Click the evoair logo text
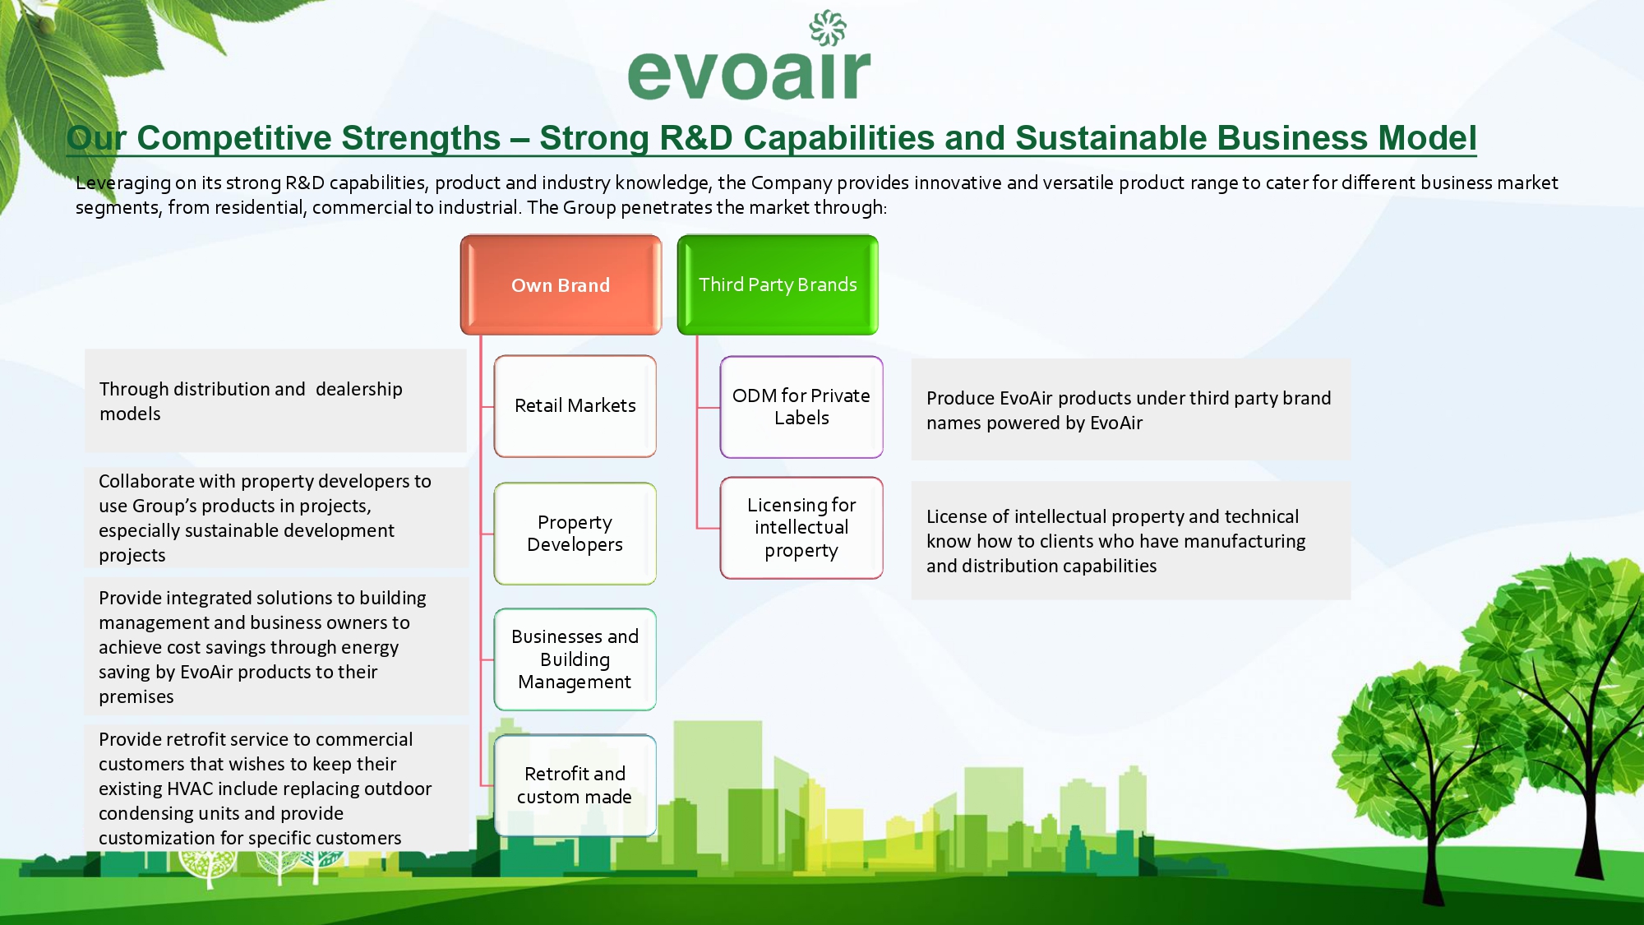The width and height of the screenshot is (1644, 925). (749, 74)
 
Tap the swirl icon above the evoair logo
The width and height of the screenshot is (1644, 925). (828, 27)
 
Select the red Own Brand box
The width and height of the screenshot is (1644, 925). (561, 284)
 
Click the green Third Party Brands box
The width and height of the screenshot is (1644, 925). (778, 284)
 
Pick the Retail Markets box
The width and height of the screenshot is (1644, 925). (575, 406)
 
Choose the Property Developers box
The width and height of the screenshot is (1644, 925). (575, 534)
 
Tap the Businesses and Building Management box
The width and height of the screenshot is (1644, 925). (575, 659)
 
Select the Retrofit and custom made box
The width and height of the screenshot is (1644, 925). (575, 785)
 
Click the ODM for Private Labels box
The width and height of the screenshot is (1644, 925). (801, 407)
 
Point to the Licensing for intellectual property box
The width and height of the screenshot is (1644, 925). (801, 528)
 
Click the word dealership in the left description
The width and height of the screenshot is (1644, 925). (359, 389)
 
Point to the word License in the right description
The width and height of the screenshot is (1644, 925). (956, 516)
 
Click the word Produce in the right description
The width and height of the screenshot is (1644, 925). (960, 398)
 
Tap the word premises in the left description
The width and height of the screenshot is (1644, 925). (136, 697)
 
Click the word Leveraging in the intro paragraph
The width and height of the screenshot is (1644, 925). (123, 183)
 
